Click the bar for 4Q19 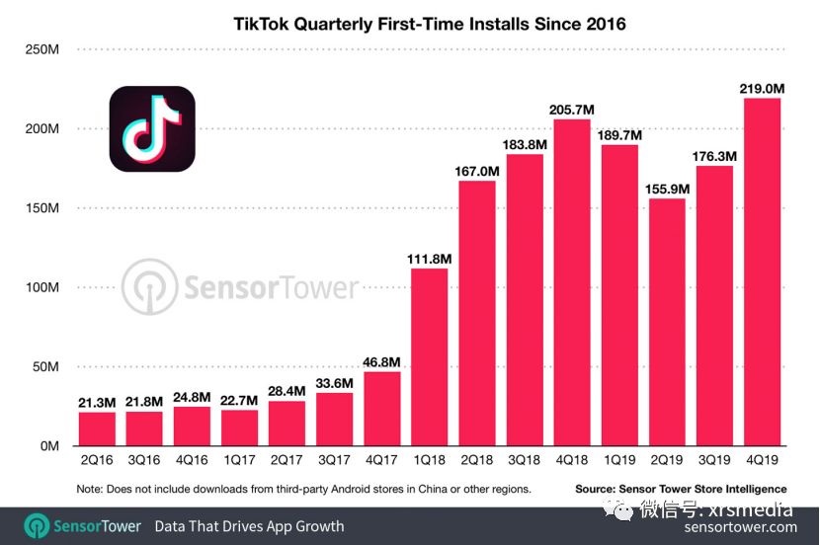762,272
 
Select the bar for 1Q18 429,356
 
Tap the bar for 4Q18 572,282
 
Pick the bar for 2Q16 97,428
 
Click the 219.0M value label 762,89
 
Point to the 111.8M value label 429,259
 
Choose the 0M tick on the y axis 47,445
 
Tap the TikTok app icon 152,129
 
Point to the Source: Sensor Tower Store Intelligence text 681,489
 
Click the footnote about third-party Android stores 303,489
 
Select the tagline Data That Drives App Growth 249,526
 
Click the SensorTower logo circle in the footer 38,526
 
